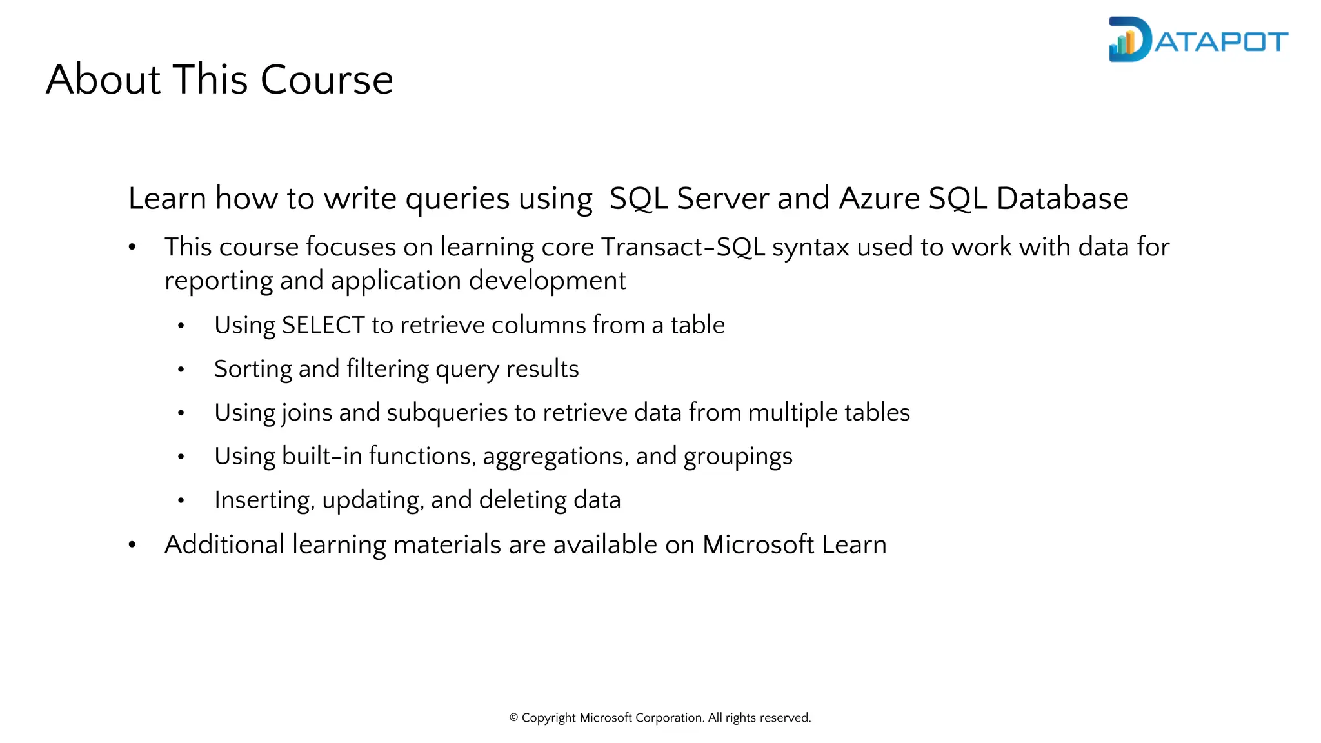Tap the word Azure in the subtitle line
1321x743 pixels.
[879, 198]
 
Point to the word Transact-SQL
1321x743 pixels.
[682, 247]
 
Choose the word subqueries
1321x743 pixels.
[447, 413]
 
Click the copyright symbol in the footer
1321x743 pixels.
[514, 718]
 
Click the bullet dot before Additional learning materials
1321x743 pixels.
[132, 546]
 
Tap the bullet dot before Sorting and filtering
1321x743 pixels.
[181, 370]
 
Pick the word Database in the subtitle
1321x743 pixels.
[1062, 198]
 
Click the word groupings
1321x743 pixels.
[738, 457]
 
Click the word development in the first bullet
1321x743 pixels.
[547, 281]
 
